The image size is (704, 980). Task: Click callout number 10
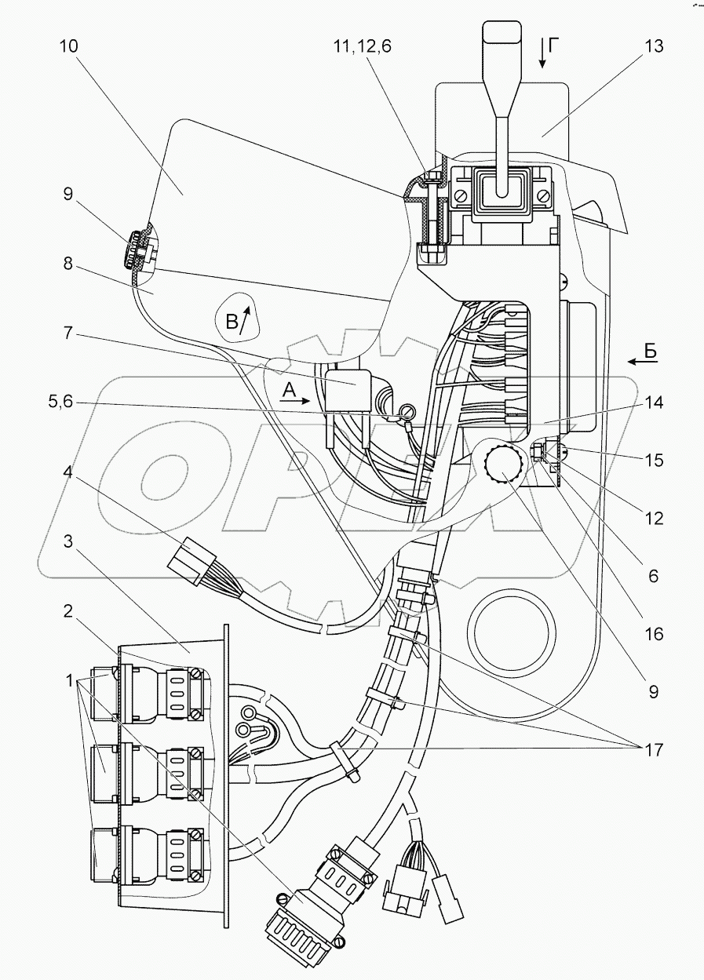pyautogui.click(x=68, y=46)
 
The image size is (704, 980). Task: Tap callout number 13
pyautogui.click(x=652, y=46)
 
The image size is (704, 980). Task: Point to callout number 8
pyautogui.click(x=68, y=265)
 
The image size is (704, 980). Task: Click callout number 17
pyautogui.click(x=652, y=749)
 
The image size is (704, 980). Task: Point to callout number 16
pyautogui.click(x=652, y=634)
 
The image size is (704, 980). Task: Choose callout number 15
pyautogui.click(x=652, y=461)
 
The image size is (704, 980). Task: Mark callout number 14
pyautogui.click(x=652, y=403)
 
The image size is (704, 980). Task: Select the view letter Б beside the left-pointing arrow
pyautogui.click(x=651, y=353)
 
